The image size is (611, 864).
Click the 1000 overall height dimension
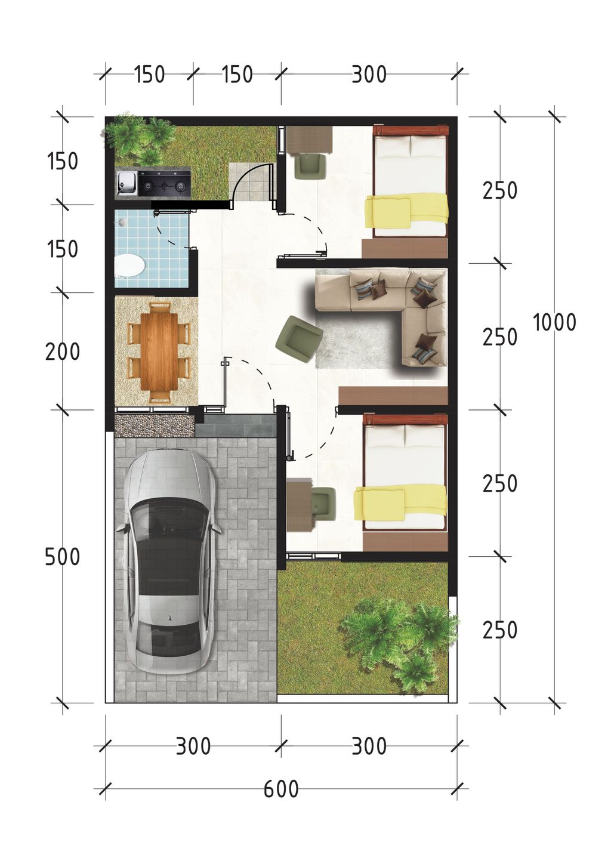pos(555,322)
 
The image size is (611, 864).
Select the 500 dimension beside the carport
pos(63,557)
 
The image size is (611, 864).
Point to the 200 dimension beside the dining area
pos(63,352)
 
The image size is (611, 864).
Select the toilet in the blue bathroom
pos(130,266)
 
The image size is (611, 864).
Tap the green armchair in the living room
pos(300,339)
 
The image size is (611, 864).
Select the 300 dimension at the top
pos(369,75)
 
